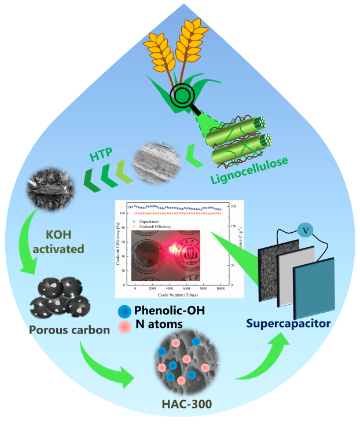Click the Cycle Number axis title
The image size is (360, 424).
pos(178,295)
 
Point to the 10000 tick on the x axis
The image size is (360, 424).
pos(221,288)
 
